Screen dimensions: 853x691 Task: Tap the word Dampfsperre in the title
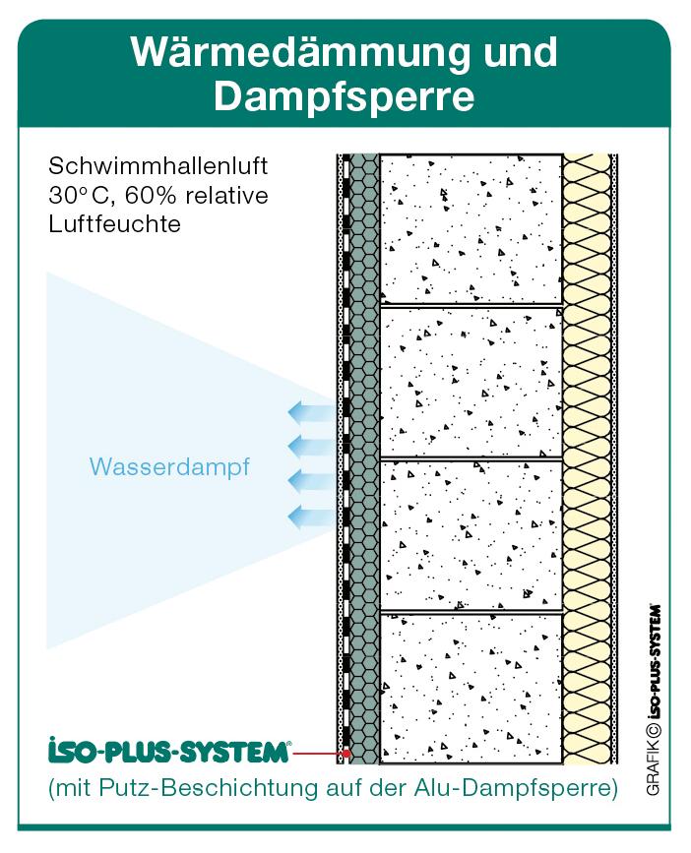tap(345, 96)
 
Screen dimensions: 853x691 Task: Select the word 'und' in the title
tap(509, 51)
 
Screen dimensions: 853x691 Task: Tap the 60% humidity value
tap(157, 195)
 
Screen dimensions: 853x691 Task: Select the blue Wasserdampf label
tap(168, 467)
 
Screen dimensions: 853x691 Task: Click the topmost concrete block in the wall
tap(471, 229)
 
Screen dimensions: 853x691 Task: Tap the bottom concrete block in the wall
tap(471, 688)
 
